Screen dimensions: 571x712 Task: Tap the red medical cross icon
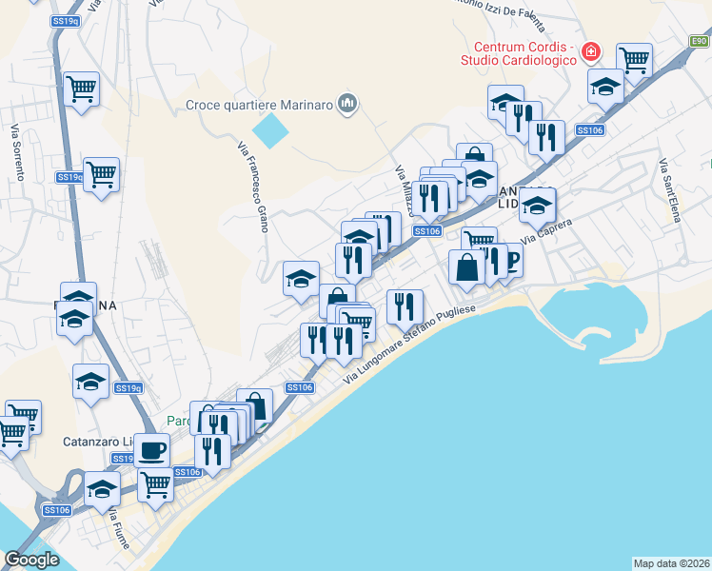592,49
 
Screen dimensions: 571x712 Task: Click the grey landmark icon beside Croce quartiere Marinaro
347,104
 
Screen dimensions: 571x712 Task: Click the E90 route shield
700,40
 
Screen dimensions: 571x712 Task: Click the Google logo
31,560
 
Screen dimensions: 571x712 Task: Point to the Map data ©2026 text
672,562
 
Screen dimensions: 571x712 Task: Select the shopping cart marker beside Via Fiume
156,483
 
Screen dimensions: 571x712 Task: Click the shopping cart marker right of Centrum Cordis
634,61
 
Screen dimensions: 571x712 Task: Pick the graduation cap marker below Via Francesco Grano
302,279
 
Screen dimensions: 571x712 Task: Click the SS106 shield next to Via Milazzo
427,231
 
